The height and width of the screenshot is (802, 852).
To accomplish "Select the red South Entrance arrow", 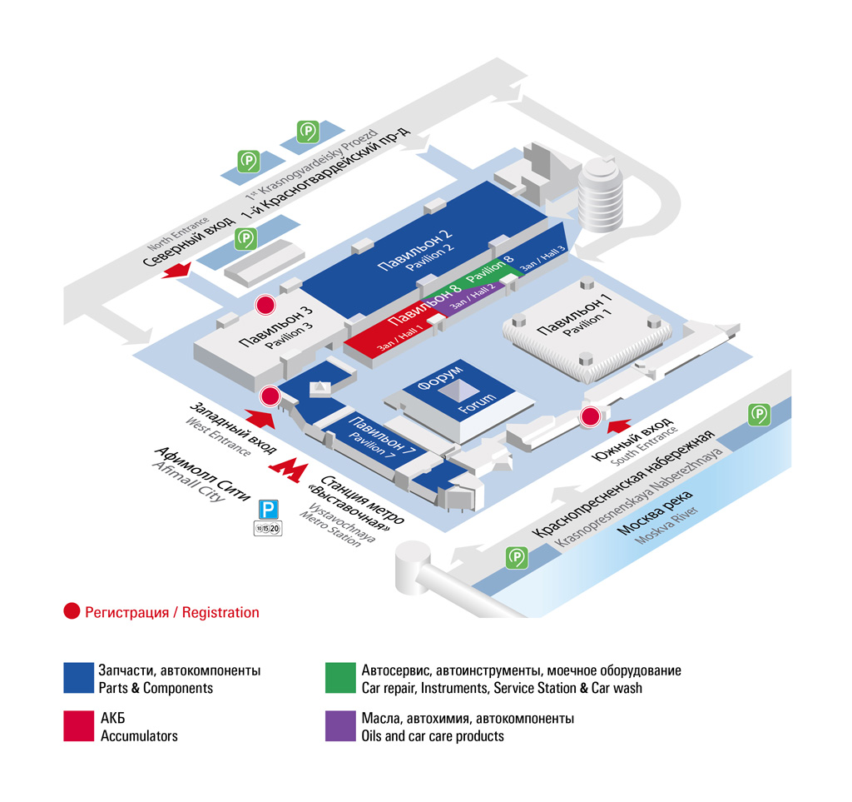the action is click(x=619, y=426).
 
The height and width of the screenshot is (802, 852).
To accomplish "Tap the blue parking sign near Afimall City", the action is click(x=268, y=510).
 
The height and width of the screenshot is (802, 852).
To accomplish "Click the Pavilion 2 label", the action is click(x=416, y=250).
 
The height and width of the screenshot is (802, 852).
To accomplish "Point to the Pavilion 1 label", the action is click(x=574, y=315).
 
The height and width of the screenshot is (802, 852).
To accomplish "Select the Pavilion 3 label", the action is click(x=276, y=328).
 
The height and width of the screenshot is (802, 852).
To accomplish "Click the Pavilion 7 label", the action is click(x=382, y=436).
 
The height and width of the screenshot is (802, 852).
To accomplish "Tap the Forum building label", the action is click(x=457, y=390).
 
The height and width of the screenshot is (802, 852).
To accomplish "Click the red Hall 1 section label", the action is click(x=400, y=337).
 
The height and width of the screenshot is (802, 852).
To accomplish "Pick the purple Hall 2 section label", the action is click(x=472, y=296).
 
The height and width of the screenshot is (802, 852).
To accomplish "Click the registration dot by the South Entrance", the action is click(x=590, y=416).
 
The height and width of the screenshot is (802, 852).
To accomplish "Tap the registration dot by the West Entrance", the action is click(x=270, y=396).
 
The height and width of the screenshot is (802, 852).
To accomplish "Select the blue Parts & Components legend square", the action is click(x=79, y=677).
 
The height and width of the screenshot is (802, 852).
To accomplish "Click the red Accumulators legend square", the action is click(x=79, y=726).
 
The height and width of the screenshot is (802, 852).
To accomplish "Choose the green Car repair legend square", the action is click(x=340, y=677).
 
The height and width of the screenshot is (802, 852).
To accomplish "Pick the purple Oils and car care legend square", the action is click(x=340, y=726).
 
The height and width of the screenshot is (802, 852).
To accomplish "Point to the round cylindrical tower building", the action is click(x=601, y=195).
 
